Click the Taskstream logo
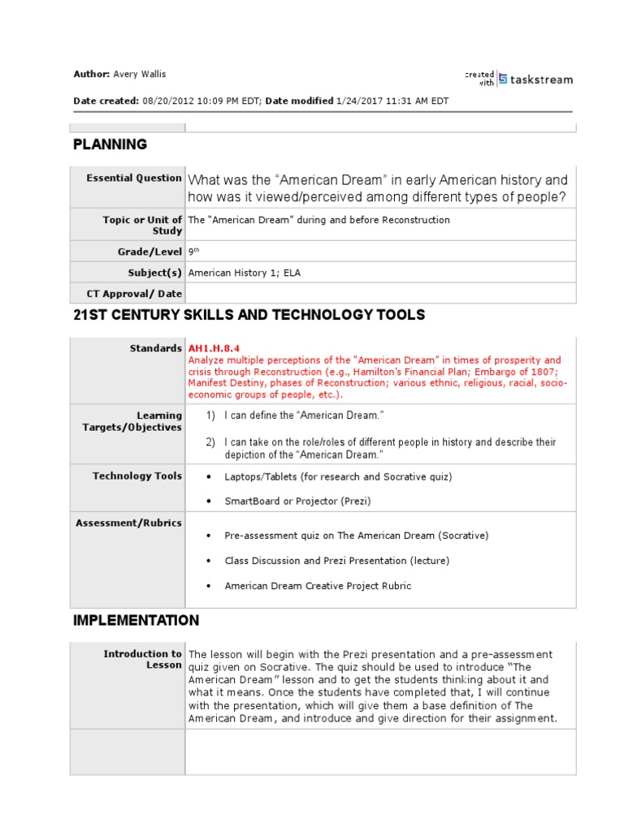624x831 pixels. pyautogui.click(x=535, y=79)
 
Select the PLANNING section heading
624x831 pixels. pyautogui.click(x=110, y=144)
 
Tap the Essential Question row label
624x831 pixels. pyautogui.click(x=134, y=178)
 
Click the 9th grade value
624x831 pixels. pyautogui.click(x=193, y=252)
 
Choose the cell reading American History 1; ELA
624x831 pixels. pyautogui.click(x=244, y=273)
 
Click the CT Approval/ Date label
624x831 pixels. pyautogui.click(x=134, y=294)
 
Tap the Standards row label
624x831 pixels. pyautogui.click(x=156, y=348)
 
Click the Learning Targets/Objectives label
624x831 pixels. pyautogui.click(x=132, y=421)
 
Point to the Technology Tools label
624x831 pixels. pyautogui.click(x=137, y=476)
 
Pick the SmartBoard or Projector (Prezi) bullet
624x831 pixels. pyautogui.click(x=297, y=502)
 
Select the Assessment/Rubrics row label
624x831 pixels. pyautogui.click(x=129, y=523)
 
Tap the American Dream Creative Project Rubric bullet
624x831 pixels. pyautogui.click(x=318, y=586)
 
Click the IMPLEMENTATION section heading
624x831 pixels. pyautogui.click(x=136, y=621)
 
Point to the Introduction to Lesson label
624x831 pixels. pyautogui.click(x=143, y=659)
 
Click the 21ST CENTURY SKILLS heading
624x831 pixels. pyautogui.click(x=249, y=315)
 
